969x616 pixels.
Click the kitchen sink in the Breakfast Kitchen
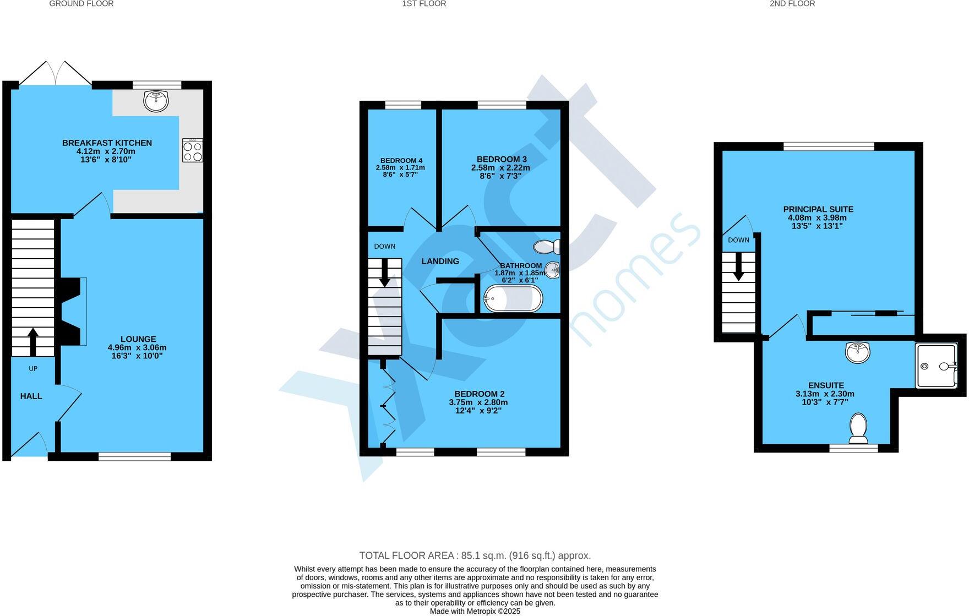pos(156,101)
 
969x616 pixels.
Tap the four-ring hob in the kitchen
pos(193,150)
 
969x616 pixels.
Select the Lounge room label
pos(138,339)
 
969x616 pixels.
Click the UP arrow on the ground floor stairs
pos(33,341)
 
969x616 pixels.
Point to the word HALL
pos(31,396)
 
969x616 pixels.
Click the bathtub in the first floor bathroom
pos(513,299)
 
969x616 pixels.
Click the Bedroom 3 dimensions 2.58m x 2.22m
pos(500,168)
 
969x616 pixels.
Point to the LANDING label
pos(440,261)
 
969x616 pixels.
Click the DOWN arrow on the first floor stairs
pos(384,273)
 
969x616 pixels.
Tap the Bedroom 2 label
pos(479,394)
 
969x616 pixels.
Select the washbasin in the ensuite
pos(857,352)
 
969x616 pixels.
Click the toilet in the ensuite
pos(858,429)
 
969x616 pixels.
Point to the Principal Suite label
pos(818,209)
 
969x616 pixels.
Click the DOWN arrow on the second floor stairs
pos(738,266)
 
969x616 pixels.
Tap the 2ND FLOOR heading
pos(792,4)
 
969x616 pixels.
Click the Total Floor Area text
pos(475,555)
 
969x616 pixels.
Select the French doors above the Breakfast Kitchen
pos(56,73)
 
